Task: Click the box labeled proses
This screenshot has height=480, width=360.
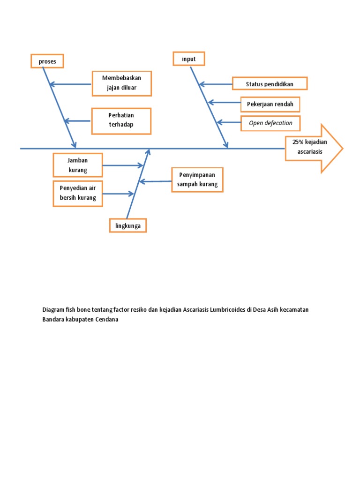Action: click(x=47, y=61)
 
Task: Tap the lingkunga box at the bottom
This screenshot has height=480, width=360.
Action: click(x=128, y=226)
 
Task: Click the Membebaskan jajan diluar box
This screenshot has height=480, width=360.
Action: click(x=121, y=83)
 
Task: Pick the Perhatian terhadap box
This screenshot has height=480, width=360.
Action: click(x=121, y=120)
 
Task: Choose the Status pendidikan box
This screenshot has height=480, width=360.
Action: click(x=270, y=84)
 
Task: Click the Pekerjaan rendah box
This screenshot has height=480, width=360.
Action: click(x=270, y=104)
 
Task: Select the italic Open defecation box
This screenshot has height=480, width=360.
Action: click(x=270, y=123)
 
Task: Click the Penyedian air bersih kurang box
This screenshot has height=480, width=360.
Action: click(x=78, y=193)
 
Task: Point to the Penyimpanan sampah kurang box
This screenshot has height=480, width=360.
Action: click(x=197, y=180)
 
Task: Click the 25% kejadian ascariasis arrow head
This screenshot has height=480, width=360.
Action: click(x=314, y=148)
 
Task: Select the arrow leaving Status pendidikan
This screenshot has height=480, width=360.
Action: click(x=216, y=84)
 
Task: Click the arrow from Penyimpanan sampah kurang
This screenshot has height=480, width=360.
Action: click(x=156, y=181)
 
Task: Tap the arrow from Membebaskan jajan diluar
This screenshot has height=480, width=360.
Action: click(x=70, y=84)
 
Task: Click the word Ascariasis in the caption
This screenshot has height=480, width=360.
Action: click(x=192, y=310)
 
